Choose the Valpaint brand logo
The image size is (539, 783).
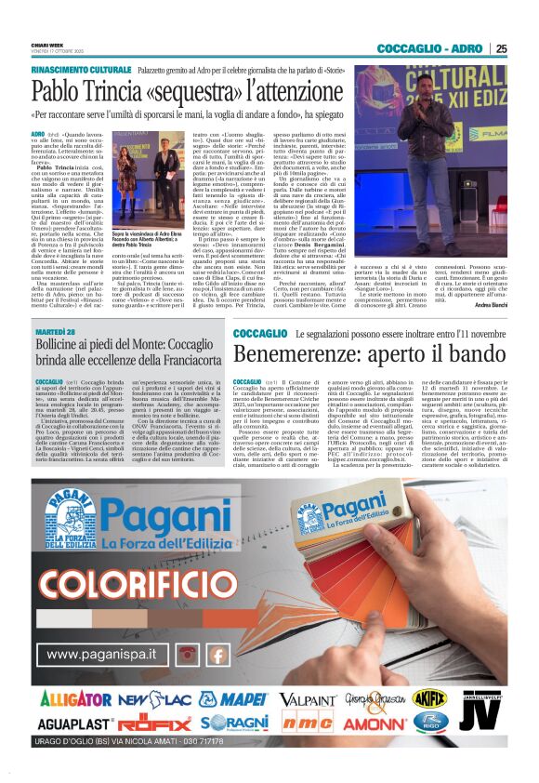coord(308,698)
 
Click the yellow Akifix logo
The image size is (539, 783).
coord(429,696)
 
